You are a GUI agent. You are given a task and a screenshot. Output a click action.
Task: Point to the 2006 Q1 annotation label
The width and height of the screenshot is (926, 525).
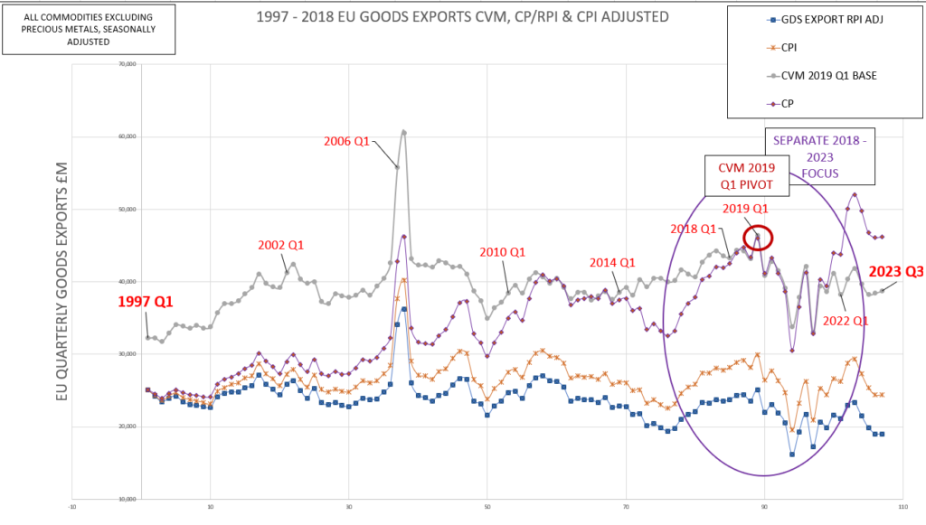click(347, 140)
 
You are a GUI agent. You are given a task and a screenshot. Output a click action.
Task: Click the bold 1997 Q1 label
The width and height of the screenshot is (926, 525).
click(149, 301)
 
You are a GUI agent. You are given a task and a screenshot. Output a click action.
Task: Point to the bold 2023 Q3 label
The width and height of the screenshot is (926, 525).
click(895, 271)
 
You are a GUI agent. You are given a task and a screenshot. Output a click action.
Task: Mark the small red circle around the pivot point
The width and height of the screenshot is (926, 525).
click(760, 237)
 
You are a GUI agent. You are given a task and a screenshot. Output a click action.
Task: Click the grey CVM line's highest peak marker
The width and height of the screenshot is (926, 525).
click(403, 132)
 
